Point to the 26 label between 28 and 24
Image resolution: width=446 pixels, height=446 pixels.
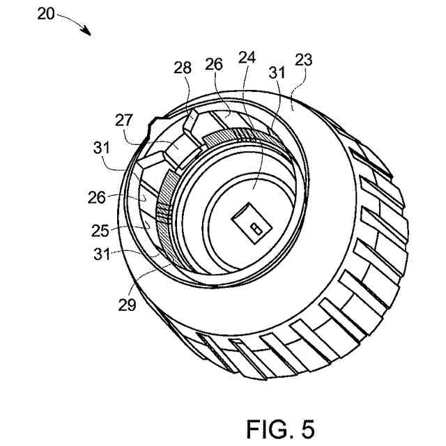click(215, 65)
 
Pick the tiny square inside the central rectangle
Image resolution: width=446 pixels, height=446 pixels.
click(255, 229)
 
